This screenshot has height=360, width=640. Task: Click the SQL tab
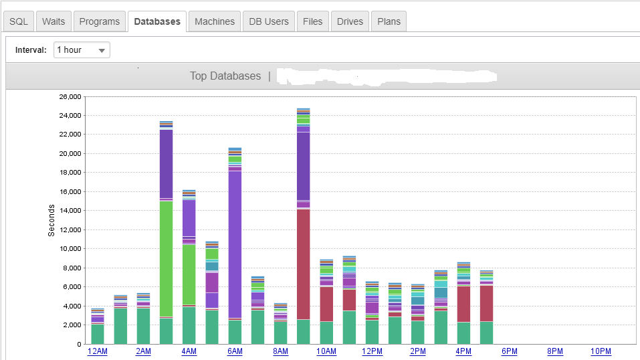(x=19, y=21)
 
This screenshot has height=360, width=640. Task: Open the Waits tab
(x=54, y=21)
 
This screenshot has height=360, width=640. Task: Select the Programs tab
(x=100, y=21)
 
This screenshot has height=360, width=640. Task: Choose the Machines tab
(x=215, y=21)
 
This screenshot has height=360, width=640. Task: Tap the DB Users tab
(x=269, y=21)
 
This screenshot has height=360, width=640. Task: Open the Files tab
(x=313, y=21)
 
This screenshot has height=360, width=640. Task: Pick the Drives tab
(x=350, y=21)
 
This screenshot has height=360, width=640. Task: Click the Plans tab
(x=389, y=21)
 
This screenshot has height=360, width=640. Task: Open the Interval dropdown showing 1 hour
(x=82, y=50)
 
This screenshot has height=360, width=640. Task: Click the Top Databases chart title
(x=225, y=76)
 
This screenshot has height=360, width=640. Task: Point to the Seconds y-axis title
(x=51, y=220)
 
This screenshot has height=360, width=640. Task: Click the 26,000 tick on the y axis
(x=70, y=97)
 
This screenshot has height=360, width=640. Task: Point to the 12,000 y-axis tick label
(x=70, y=230)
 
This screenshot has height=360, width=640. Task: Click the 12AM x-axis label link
(x=97, y=351)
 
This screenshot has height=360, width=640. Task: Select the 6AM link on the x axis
(x=235, y=351)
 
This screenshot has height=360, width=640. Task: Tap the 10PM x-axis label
(x=601, y=351)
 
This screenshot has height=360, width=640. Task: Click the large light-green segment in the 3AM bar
(x=166, y=258)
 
